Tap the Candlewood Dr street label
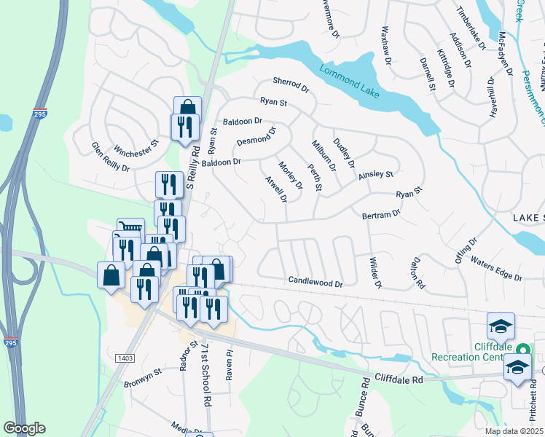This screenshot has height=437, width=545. point(315,280)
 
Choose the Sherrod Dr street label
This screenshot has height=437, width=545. point(291,84)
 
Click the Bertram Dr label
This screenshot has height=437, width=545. point(381,215)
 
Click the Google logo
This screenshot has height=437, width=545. point(24,428)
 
